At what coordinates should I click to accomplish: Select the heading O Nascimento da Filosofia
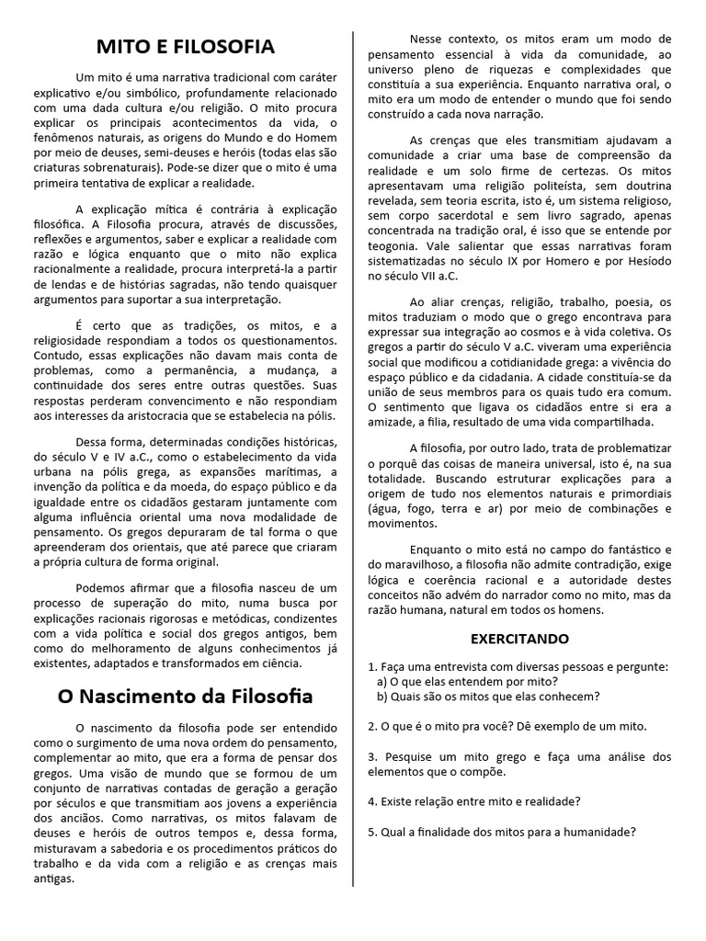click(x=186, y=696)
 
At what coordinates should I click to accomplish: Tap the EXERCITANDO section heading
click(x=519, y=638)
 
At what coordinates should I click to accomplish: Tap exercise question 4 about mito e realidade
click(x=473, y=801)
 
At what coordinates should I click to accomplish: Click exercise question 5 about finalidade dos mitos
click(x=501, y=832)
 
